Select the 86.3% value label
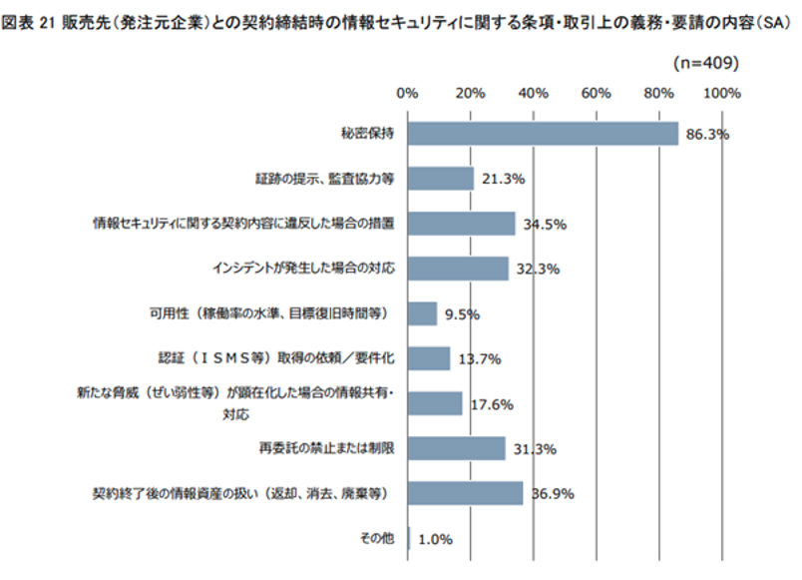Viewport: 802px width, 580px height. click(703, 134)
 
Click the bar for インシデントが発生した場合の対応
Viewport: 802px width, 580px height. click(458, 269)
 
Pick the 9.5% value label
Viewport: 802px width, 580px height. click(462, 313)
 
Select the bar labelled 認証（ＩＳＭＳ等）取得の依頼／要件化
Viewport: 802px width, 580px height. click(429, 358)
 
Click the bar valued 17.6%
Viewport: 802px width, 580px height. click(435, 403)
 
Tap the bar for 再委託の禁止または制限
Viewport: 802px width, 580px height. click(456, 448)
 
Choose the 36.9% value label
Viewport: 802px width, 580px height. click(554, 493)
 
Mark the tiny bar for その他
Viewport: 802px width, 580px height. click(408, 538)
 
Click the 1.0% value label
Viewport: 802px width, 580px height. click(435, 539)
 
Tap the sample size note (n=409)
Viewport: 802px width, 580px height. click(706, 63)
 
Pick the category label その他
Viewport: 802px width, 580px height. click(378, 538)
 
